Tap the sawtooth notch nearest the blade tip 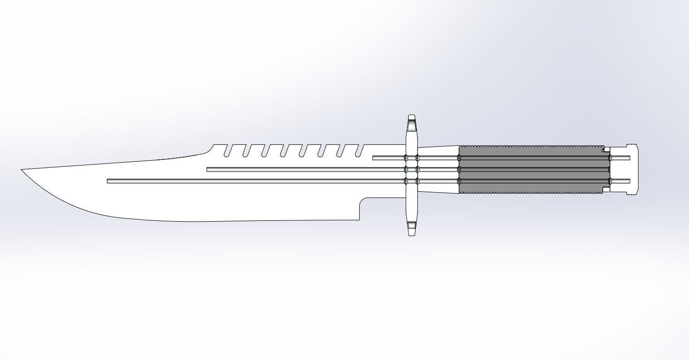click(227, 151)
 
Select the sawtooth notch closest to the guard click(359, 151)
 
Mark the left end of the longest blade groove click(109, 181)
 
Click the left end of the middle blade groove click(208, 169)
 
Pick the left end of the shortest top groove click(374, 158)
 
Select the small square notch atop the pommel click(606, 150)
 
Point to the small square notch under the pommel click(606, 190)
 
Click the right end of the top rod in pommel click(628, 158)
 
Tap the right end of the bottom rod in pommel click(628, 181)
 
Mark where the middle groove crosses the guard click(412, 169)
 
